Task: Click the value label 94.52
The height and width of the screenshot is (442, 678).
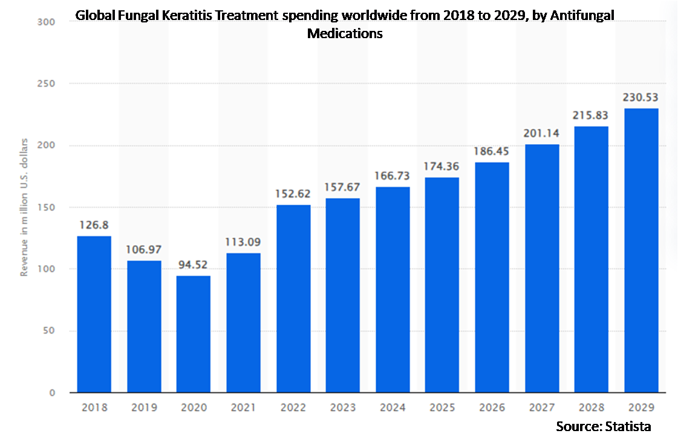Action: [194, 266]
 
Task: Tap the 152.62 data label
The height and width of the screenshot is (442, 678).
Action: [293, 194]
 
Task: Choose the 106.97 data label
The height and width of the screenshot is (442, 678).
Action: [144, 250]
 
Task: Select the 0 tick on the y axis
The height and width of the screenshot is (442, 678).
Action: [52, 392]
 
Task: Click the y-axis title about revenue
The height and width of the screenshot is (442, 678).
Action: [25, 207]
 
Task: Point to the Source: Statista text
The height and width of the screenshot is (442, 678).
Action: [603, 426]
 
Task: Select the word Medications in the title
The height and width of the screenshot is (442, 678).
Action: [345, 33]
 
